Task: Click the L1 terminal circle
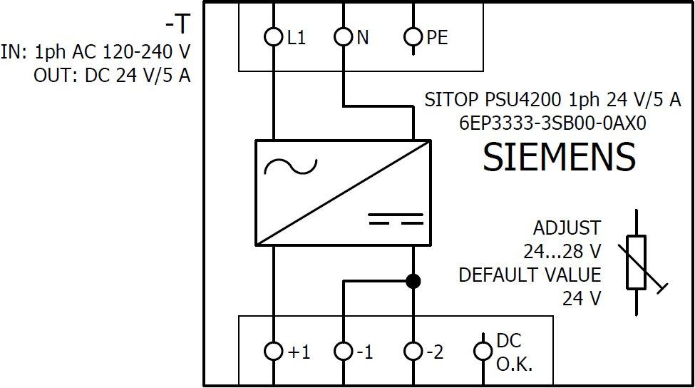[x=273, y=37]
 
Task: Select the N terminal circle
[x=344, y=37]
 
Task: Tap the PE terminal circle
[x=413, y=37]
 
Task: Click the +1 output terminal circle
[x=273, y=351]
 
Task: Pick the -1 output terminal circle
[x=344, y=351]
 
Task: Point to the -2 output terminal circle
[x=413, y=351]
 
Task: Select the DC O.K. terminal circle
[x=483, y=351]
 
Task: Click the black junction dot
[x=413, y=281]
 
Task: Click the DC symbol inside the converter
[x=396, y=218]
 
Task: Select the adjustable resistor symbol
[x=637, y=262]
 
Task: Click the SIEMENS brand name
[x=560, y=158]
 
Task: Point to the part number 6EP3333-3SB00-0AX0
[x=552, y=123]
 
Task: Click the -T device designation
[x=178, y=24]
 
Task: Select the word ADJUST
[x=567, y=228]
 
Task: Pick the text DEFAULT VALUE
[x=530, y=275]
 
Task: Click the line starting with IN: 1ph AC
[x=96, y=52]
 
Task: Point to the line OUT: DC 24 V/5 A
[x=112, y=76]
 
